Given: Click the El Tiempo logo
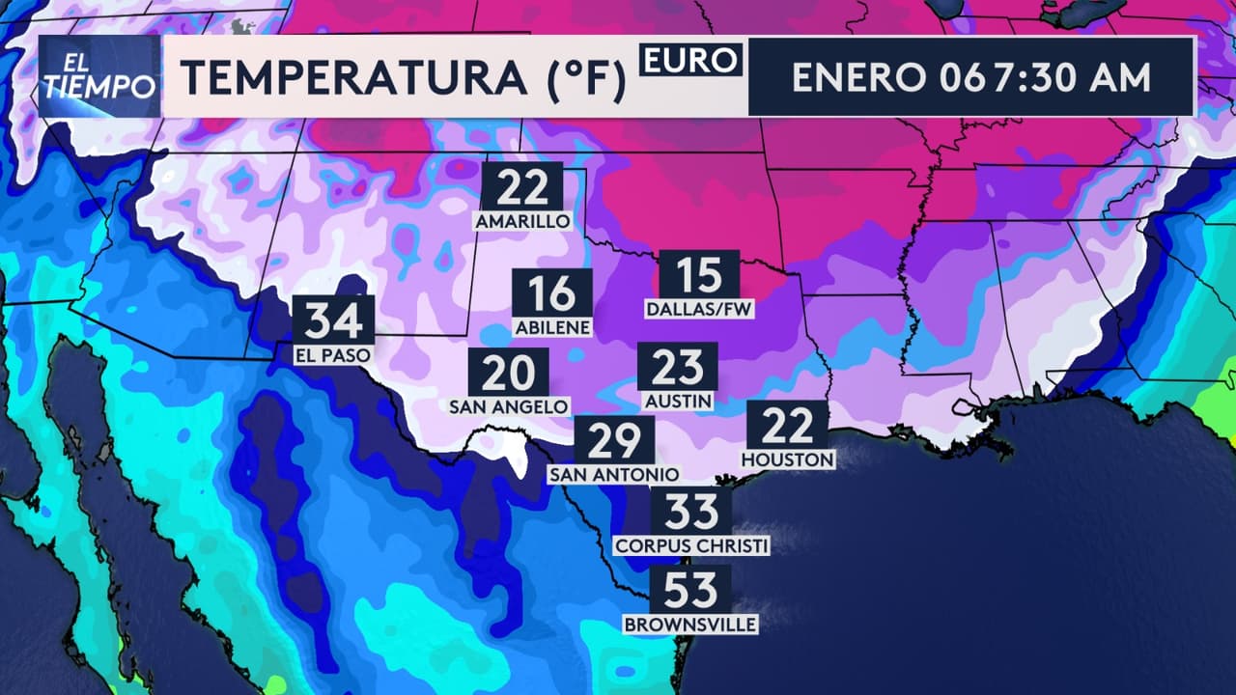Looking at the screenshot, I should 99,76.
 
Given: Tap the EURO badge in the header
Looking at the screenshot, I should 689,60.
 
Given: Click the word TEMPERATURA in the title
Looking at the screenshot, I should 354,78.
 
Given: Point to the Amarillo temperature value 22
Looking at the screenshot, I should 522,186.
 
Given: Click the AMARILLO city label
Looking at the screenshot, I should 522,222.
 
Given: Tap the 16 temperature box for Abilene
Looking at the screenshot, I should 553,293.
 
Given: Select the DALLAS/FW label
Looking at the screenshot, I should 699,310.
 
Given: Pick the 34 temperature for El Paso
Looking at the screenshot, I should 333,319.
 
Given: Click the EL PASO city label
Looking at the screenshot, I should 333,355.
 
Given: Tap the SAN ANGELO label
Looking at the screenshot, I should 509,407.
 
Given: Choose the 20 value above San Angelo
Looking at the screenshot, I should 509,372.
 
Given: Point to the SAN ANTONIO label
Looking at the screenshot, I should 614,475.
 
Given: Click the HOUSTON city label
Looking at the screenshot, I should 788,460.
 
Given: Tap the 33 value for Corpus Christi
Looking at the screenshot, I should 691,511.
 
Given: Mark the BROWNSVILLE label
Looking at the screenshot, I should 690,625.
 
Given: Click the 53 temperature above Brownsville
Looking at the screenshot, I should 690,589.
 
